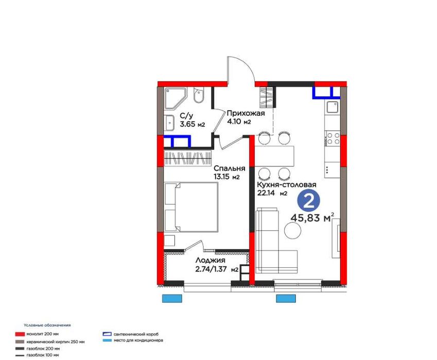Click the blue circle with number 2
click(308, 201)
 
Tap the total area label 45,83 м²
click(312, 217)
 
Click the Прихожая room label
click(246, 113)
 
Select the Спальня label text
click(230, 169)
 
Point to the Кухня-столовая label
click(287, 184)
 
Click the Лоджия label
click(210, 261)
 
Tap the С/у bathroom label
click(186, 115)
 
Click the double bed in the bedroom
click(191, 207)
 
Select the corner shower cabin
click(176, 98)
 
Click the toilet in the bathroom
click(199, 95)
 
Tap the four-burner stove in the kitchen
click(333, 139)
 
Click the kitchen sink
click(333, 107)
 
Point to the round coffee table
click(293, 231)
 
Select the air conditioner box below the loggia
click(172, 298)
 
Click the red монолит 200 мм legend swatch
click(20, 334)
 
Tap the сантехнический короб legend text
click(136, 334)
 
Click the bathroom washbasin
click(169, 123)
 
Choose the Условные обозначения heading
click(47, 325)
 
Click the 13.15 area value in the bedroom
click(221, 177)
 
